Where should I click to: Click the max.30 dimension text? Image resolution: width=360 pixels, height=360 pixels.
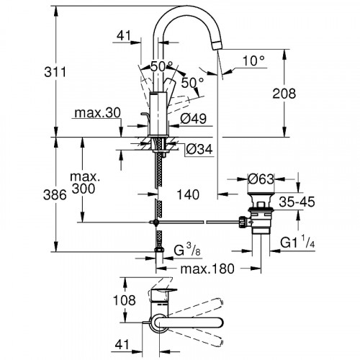tap(95, 114)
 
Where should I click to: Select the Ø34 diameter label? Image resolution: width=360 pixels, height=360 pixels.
tap(197, 150)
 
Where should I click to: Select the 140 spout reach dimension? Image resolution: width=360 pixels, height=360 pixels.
tap(189, 194)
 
